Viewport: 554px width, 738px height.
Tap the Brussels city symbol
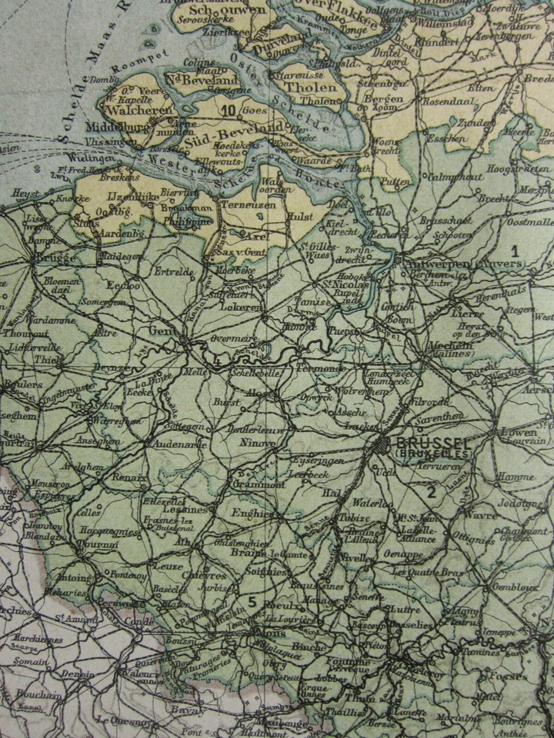pos(382,445)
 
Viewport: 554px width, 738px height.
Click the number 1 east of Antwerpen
pos(516,250)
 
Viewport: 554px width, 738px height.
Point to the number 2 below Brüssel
pos(432,493)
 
